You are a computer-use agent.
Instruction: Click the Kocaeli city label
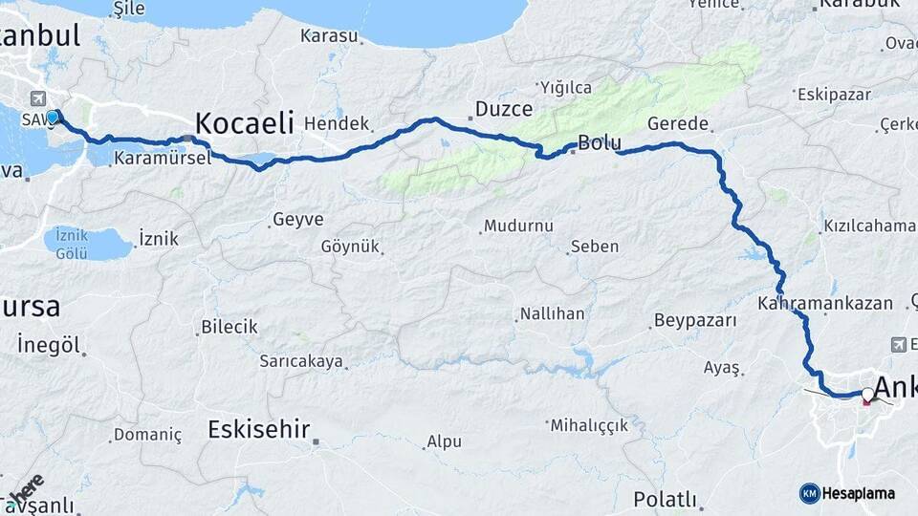pos(244,123)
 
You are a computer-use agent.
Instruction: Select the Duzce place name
pos(504,108)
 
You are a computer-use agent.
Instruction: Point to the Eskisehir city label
pos(258,430)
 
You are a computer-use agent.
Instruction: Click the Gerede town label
pos(678,124)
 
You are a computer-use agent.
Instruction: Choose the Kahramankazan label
pos(824,304)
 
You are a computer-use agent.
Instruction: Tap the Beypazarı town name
pos(695,320)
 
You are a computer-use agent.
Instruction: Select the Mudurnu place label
pos(518,226)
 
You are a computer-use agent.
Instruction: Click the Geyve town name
pos(298,219)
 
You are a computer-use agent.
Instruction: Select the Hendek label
pos(336,123)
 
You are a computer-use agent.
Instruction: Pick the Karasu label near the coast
pos(329,36)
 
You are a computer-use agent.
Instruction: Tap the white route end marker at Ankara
pos(867,394)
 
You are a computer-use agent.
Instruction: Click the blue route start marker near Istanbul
pos(55,118)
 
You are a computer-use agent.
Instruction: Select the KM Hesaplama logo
pos(847,493)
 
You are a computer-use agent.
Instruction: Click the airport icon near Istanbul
pos(38,98)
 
